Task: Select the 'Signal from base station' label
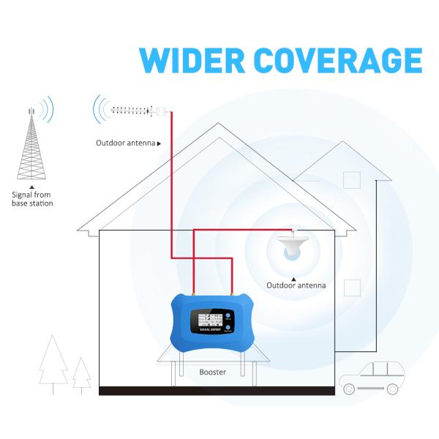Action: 32,199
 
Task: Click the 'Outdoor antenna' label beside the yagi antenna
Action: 125,143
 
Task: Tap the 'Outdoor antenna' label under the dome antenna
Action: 296,285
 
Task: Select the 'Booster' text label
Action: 213,372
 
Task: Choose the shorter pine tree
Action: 82,375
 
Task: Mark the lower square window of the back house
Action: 353,286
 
